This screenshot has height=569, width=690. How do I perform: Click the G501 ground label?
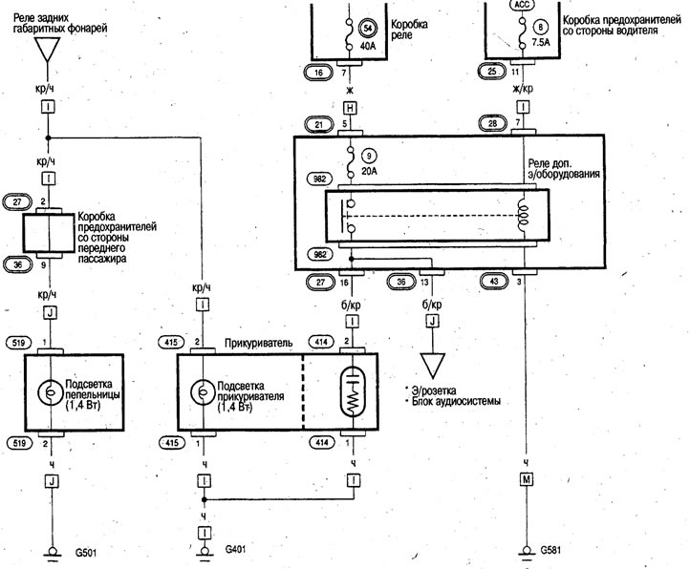pos(86,552)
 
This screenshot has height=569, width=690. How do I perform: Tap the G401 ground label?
pos(236,549)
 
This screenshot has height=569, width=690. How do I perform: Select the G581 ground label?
pos(550,550)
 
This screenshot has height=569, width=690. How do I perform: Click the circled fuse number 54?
pos(367,29)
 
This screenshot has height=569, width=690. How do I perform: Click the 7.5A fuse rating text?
pos(541,43)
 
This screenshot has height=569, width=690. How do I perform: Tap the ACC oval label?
pos(523,5)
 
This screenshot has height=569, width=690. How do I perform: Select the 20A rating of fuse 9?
pos(368,171)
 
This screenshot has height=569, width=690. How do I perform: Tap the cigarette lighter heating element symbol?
pos(353,391)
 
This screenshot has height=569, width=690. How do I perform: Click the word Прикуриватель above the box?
pos(258,343)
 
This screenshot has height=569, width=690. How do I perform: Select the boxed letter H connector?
pos(351,108)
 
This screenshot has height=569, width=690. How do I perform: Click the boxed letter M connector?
pos(526,479)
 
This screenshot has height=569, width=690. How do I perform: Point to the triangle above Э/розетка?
pos(433,364)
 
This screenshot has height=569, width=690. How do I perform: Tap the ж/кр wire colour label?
pos(523,88)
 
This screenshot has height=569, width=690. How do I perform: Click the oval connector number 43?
pos(494,281)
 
